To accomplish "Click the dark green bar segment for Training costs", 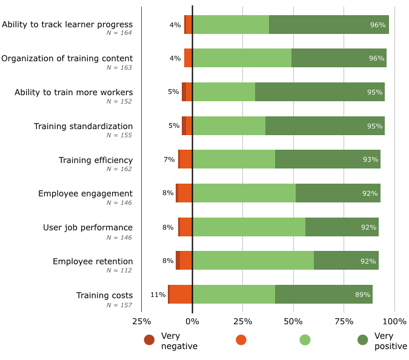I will point(324,294).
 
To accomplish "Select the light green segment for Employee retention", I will point(253,260).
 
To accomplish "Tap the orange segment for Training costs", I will point(181,294).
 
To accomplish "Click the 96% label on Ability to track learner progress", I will point(377,25).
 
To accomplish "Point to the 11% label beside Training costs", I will point(158,295).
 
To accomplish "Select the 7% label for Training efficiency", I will point(169,159).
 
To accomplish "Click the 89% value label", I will point(363,295).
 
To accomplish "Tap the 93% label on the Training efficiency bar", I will point(370,159).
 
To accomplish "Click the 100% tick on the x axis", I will point(394,321).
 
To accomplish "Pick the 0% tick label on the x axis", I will point(192,321).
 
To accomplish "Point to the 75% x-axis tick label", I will point(344,321).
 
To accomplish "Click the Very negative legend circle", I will point(149,340).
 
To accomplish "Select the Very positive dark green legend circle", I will point(363,340).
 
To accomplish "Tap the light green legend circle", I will point(305,340).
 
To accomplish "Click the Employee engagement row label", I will point(85,193).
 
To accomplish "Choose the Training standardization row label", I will point(83,126).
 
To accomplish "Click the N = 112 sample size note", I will point(119,270).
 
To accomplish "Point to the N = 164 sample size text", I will point(119,33).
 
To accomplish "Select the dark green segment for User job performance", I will point(342,227).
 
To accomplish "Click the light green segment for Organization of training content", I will point(242,58).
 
